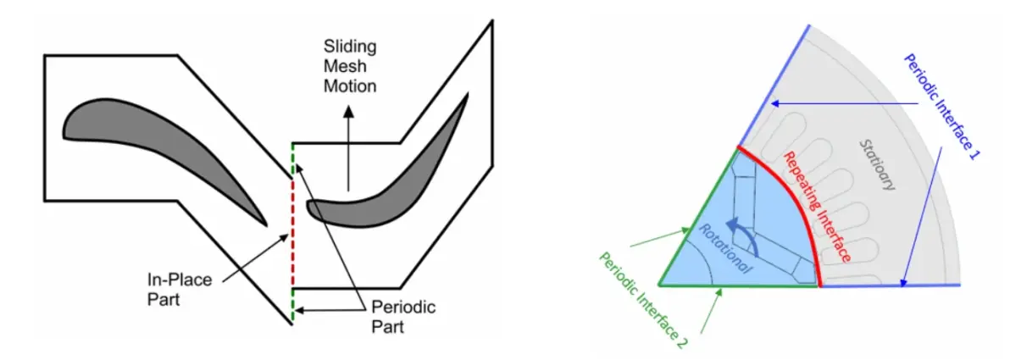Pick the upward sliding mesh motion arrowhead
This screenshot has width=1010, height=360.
[x=348, y=111]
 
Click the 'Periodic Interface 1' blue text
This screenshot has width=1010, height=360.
[x=941, y=106]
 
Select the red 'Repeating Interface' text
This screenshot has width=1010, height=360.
[x=818, y=206]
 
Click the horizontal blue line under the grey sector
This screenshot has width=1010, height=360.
[x=890, y=285]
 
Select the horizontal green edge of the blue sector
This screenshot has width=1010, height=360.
[x=738, y=285]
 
